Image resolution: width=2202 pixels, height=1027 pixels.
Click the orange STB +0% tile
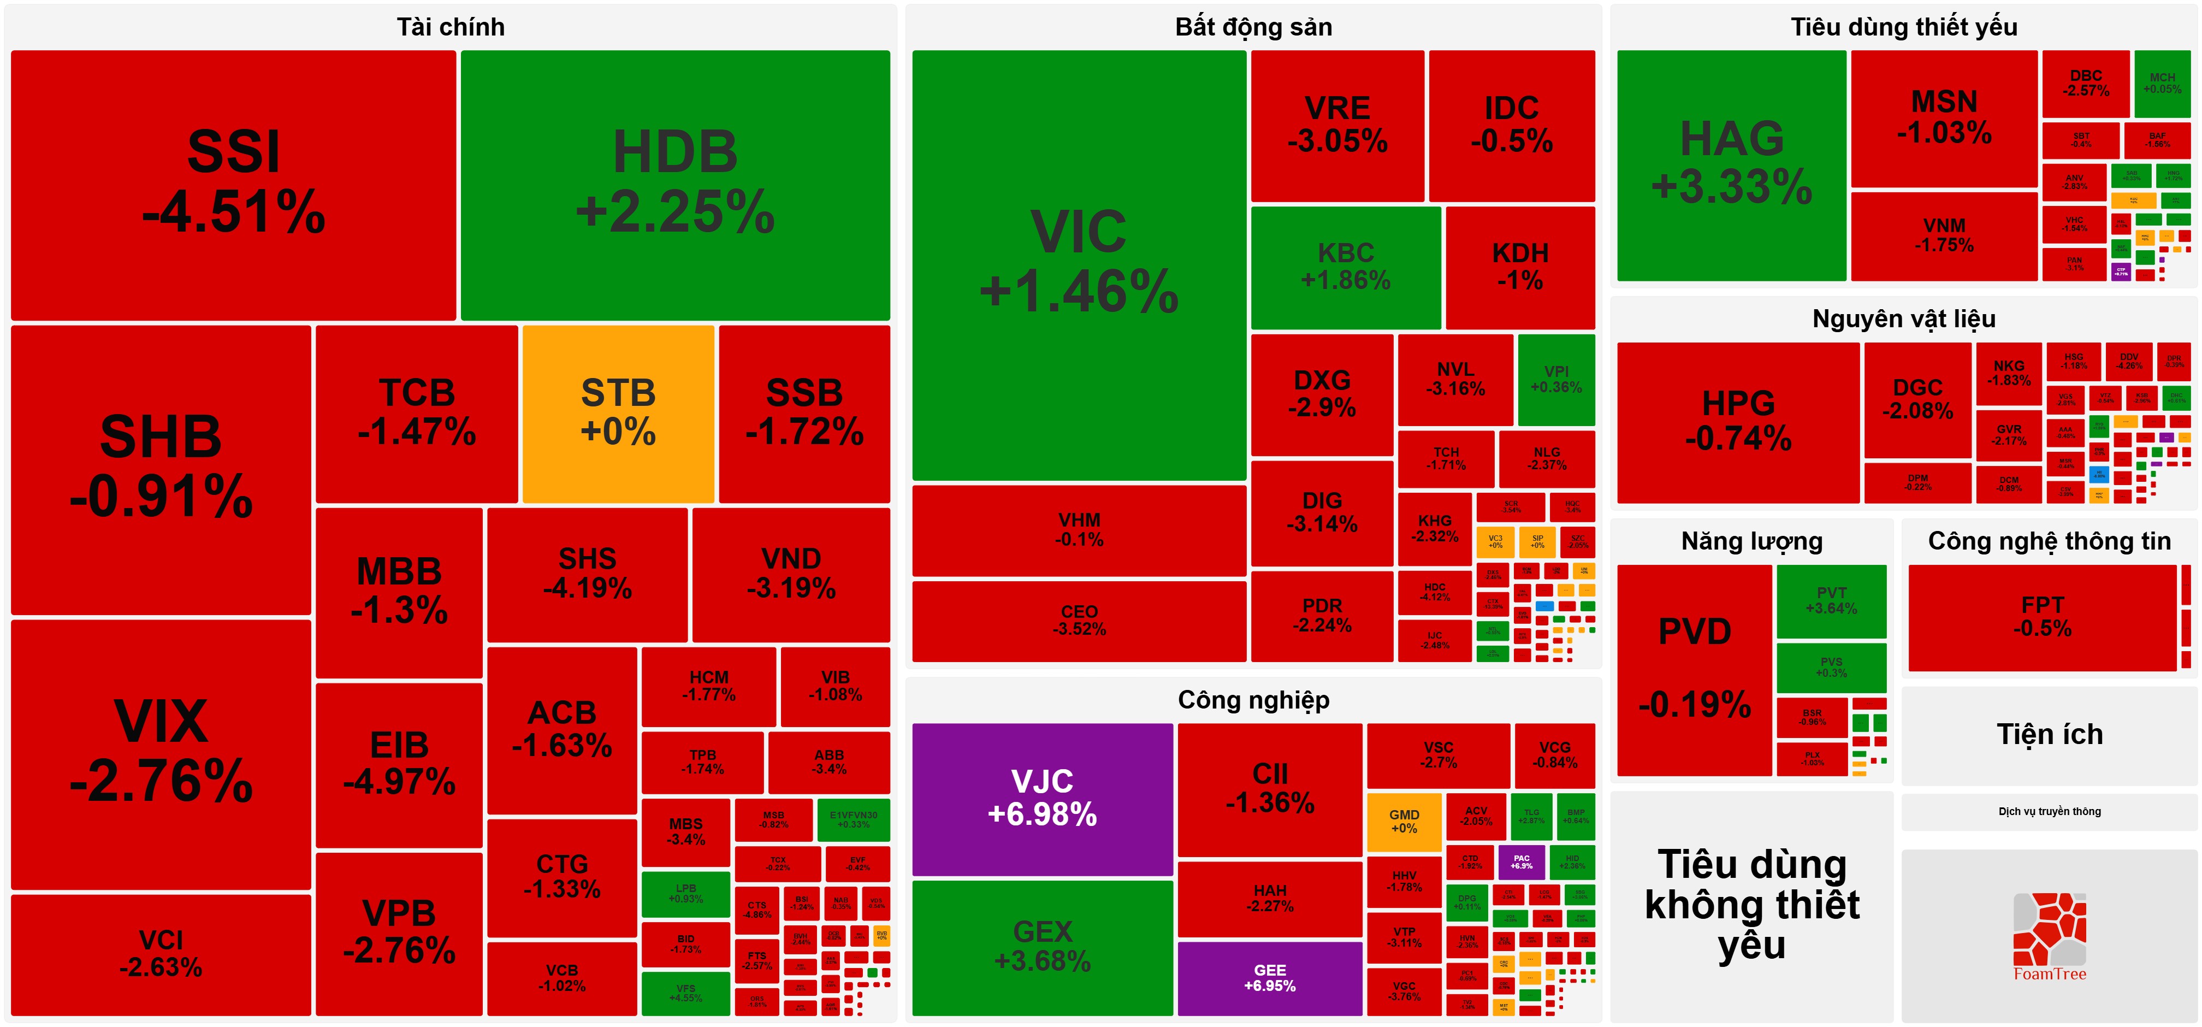[618, 413]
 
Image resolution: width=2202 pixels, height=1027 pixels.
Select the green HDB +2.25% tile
[676, 184]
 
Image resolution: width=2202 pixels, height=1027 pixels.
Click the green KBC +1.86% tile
[1346, 267]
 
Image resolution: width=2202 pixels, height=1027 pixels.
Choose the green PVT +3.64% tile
[1831, 600]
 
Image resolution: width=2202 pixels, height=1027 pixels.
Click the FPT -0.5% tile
[2042, 617]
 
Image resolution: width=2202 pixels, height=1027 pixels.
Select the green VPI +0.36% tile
[1556, 379]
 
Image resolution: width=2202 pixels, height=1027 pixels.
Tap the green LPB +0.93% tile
[685, 894]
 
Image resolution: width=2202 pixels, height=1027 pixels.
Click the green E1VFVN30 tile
[853, 820]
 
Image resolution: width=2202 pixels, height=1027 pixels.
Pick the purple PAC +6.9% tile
[1522, 862]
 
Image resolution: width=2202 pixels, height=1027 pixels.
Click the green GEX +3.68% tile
[1042, 947]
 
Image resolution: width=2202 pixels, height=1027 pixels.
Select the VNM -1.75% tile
[1944, 235]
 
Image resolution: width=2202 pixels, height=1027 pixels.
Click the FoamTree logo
[2049, 936]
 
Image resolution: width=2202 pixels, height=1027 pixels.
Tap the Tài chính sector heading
[451, 27]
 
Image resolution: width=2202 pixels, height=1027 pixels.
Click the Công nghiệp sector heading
[1253, 700]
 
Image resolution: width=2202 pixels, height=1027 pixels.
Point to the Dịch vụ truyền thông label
[2049, 812]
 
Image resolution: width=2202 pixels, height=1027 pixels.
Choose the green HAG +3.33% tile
[1731, 164]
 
